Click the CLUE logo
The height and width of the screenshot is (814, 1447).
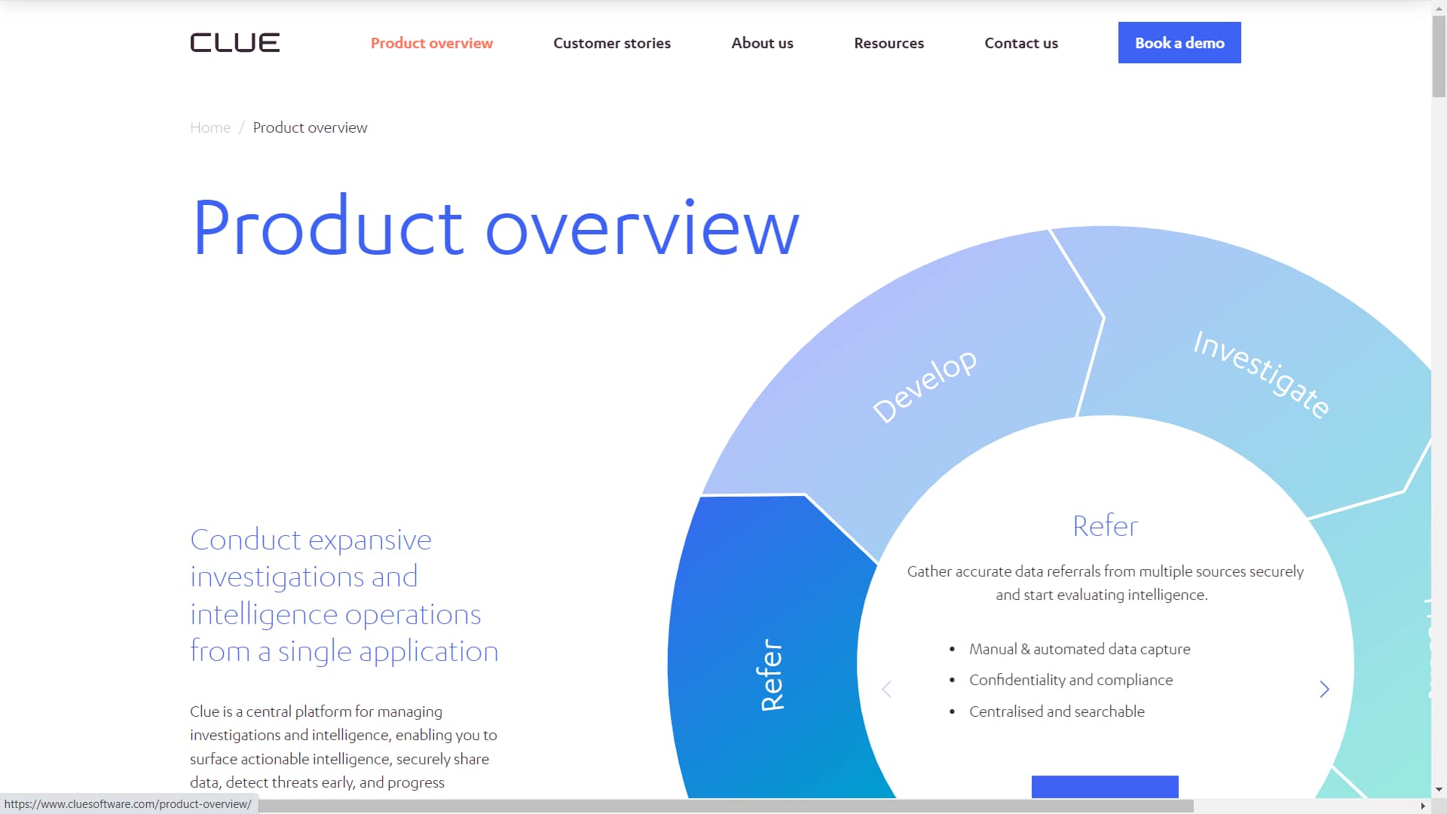click(x=234, y=43)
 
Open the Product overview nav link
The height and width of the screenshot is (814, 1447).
click(x=432, y=43)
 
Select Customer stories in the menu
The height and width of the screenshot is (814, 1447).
click(x=612, y=43)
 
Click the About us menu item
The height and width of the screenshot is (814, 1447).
click(x=762, y=43)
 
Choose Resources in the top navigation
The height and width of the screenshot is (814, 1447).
click(x=889, y=43)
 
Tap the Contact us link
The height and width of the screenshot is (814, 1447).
click(x=1021, y=43)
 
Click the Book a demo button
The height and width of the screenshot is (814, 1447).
click(x=1179, y=43)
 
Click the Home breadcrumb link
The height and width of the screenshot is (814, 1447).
click(x=210, y=127)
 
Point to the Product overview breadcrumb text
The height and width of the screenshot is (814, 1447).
click(x=310, y=127)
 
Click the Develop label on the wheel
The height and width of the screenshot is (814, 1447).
click(x=925, y=385)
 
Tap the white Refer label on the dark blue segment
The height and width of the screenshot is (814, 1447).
click(x=772, y=675)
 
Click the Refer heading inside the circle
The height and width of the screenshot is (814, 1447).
click(x=1105, y=525)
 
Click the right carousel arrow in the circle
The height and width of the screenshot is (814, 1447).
click(x=1324, y=689)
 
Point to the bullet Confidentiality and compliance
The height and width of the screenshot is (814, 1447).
click(x=1071, y=680)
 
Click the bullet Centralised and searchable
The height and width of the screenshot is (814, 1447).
click(x=1057, y=711)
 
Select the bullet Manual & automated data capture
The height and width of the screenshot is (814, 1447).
click(x=1080, y=649)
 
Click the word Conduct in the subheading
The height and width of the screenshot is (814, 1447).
click(x=246, y=540)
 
